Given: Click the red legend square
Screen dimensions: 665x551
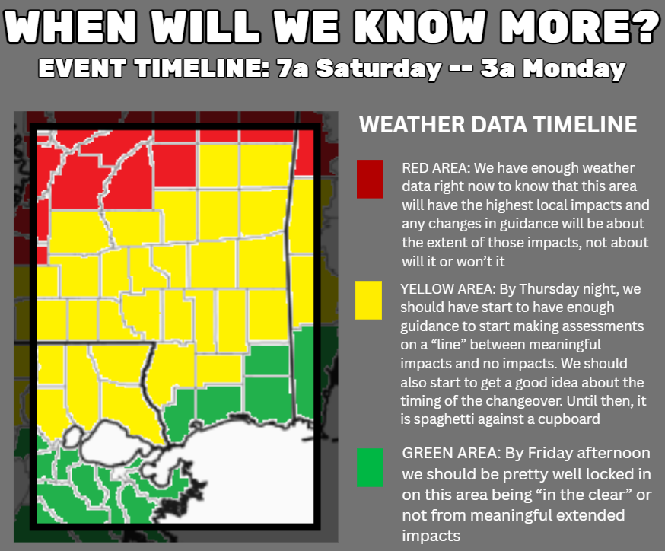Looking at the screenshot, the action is click(x=370, y=179).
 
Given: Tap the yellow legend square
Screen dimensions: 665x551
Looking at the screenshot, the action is click(x=368, y=300).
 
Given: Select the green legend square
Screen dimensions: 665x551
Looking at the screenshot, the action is click(x=370, y=467).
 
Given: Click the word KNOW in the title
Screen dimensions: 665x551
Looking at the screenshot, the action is click(x=420, y=27).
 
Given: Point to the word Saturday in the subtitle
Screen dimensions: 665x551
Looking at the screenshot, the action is click(x=378, y=68).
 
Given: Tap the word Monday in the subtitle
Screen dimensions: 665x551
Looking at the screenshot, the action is click(x=574, y=68).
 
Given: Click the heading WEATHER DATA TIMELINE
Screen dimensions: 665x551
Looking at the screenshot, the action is click(x=498, y=125).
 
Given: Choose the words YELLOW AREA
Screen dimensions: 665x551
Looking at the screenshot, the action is click(x=447, y=289).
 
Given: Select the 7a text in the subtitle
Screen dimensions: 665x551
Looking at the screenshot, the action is click(x=292, y=68).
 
